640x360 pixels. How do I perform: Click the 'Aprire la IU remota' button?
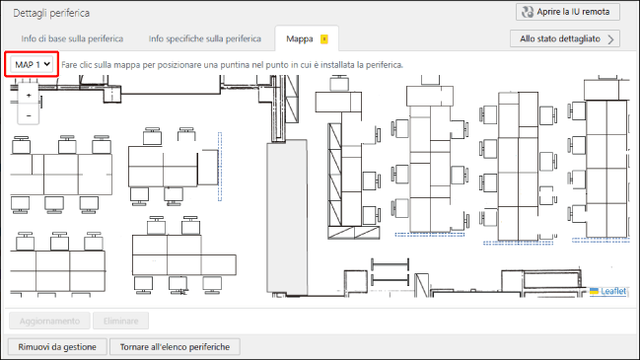568,12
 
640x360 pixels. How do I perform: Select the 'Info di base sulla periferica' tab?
72,38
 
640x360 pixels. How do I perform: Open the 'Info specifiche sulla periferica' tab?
204,38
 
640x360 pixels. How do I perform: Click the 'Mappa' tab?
300,38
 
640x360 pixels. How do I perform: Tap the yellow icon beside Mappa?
324,39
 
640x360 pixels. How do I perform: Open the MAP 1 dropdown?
32,64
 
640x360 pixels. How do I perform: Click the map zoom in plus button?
29,96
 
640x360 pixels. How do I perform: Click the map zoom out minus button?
29,115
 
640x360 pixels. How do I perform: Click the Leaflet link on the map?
613,291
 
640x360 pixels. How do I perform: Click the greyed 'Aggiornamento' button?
49,321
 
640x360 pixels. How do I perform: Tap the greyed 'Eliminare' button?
121,321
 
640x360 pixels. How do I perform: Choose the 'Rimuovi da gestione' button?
57,347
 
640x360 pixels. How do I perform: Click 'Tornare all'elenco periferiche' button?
175,347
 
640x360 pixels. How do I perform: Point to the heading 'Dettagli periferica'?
51,13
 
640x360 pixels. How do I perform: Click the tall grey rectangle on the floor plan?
287,218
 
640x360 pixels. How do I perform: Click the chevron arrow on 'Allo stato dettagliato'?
610,39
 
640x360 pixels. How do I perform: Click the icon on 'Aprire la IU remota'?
528,12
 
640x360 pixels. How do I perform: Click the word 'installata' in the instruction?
338,65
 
